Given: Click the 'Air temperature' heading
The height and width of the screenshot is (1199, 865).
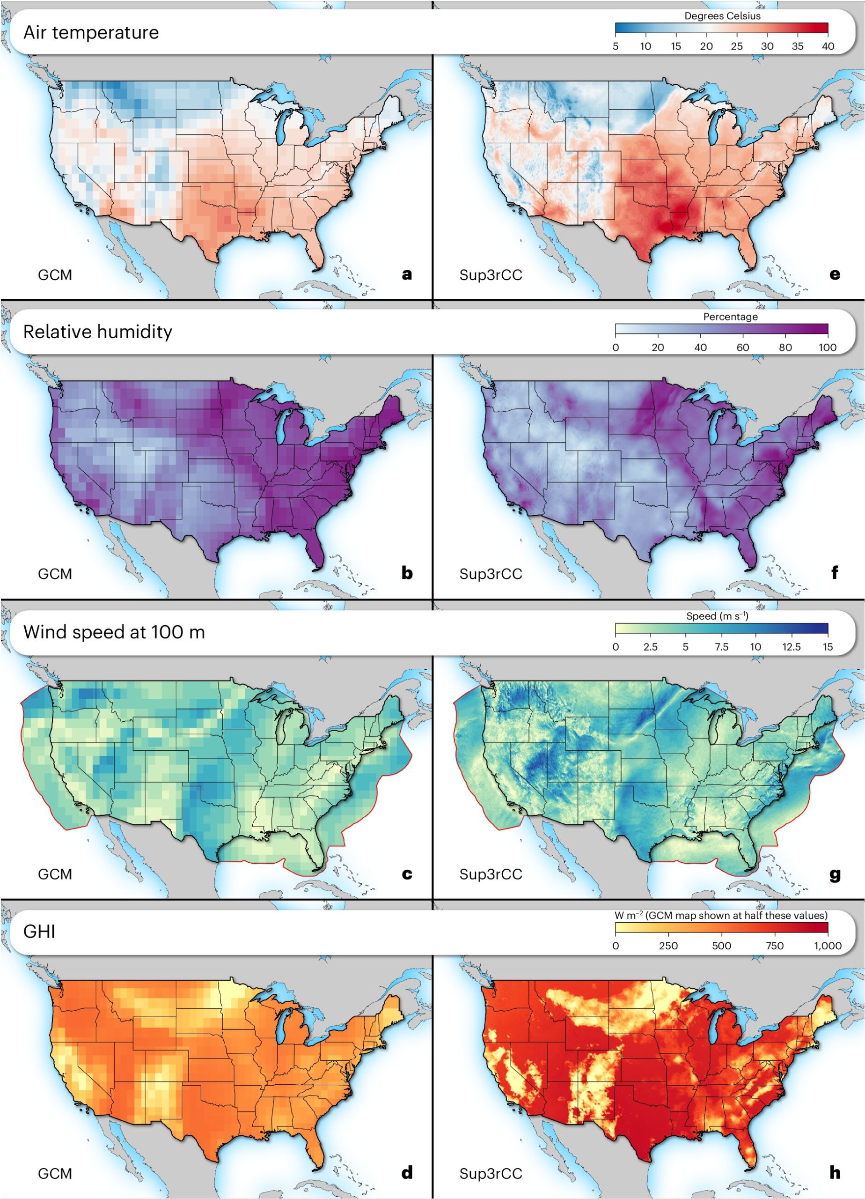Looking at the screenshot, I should (91, 33).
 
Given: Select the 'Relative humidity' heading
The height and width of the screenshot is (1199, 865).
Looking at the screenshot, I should (98, 332).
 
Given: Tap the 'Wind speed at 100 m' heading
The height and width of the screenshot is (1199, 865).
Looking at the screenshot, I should (114, 632).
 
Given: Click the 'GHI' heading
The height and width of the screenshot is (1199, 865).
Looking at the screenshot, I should (39, 932).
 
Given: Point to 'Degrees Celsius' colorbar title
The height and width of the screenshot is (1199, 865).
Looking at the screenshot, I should (722, 16).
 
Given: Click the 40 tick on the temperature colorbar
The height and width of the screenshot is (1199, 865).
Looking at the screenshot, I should (828, 46).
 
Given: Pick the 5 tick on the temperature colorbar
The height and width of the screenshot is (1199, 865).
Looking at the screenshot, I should (616, 46).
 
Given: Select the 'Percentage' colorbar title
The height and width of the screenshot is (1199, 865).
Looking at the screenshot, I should (730, 317).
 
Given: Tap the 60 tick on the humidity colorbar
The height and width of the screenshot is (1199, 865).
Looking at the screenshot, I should (742, 348).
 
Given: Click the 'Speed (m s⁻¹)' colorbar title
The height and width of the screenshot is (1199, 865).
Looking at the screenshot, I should (717, 616).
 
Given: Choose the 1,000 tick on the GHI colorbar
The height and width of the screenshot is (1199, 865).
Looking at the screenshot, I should (828, 946).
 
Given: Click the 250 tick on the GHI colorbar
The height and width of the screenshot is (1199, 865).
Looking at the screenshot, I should (668, 946).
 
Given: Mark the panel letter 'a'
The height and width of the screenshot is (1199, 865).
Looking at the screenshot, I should (406, 274).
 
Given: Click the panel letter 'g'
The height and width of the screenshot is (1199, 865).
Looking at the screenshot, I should (835, 874).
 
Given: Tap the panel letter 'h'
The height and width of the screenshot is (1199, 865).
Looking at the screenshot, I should (835, 1173).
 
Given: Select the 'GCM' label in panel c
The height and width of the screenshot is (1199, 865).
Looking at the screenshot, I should (55, 874).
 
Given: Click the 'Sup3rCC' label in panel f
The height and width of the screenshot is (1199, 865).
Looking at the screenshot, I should (491, 574).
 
